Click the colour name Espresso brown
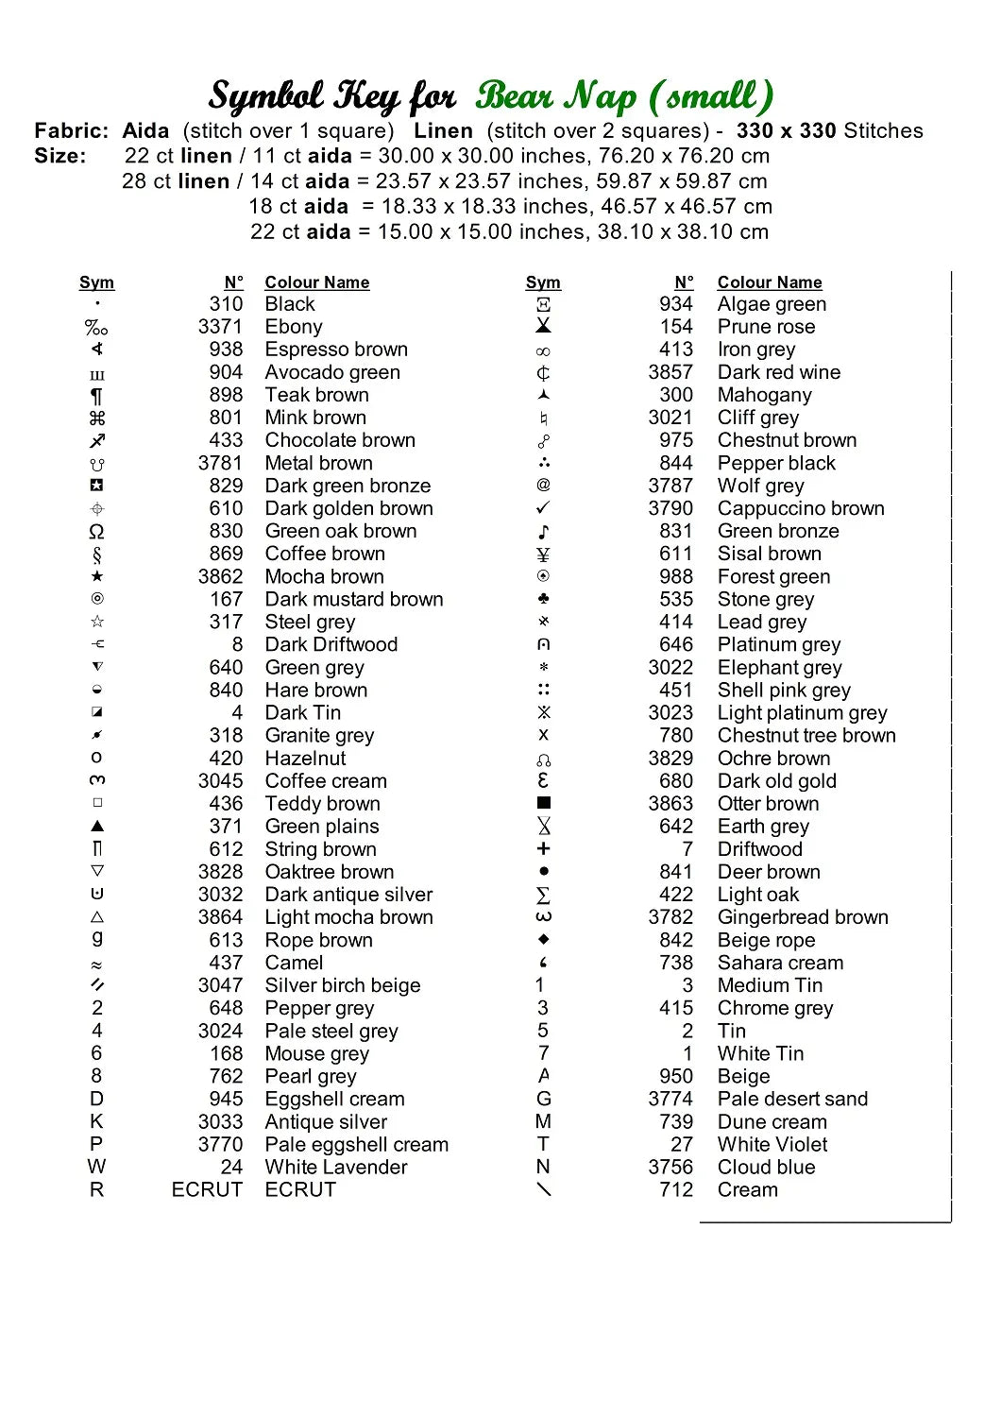pos(336,350)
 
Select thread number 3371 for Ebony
pos(220,327)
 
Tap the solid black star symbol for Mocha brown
pos(97,576)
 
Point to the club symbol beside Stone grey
pos(543,599)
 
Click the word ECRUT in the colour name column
pos(300,1190)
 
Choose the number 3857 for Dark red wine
pos(670,372)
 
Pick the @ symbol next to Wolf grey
pos(543,485)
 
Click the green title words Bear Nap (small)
pos(624,96)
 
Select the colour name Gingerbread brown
pos(803,917)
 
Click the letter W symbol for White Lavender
pos(97,1167)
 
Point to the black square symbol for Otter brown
pos(543,803)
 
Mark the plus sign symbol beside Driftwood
pos(543,848)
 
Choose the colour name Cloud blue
pos(766,1168)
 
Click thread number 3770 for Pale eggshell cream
pos(220,1145)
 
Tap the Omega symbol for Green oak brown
pos(97,531)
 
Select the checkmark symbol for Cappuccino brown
pos(543,507)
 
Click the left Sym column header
pos(96,282)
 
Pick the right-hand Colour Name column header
pos(770,282)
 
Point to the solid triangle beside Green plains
pos(97,826)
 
